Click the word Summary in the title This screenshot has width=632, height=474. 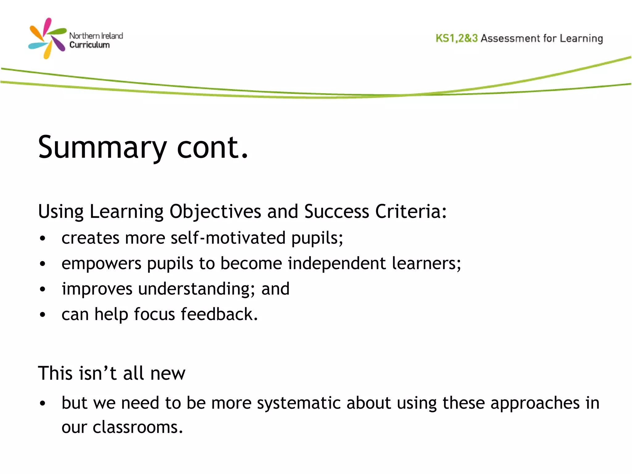[x=102, y=148]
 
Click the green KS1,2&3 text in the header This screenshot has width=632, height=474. [x=456, y=38]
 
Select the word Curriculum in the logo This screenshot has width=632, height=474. [x=89, y=45]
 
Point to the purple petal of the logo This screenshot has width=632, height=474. [x=59, y=44]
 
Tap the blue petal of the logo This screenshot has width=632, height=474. [x=38, y=46]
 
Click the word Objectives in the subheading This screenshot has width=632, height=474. [x=215, y=212]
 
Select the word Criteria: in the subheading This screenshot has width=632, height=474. [x=411, y=212]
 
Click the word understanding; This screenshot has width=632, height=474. [x=197, y=289]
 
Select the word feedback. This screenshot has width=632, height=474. [x=219, y=314]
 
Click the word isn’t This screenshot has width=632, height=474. [x=98, y=373]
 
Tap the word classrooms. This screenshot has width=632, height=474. [x=138, y=427]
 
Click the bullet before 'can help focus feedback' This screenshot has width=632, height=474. [x=43, y=315]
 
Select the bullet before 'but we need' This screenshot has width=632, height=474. [x=43, y=403]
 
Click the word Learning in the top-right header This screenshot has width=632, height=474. [x=581, y=39]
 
